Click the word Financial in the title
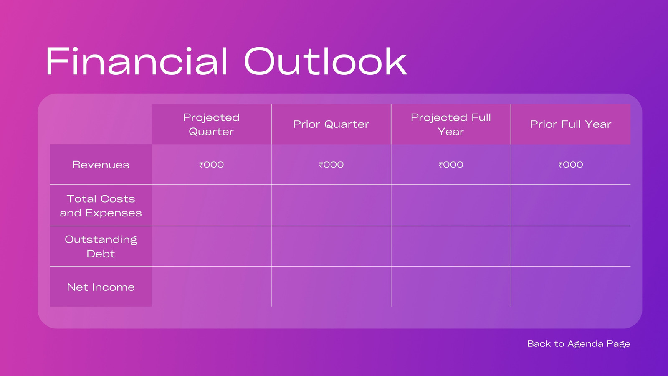point(137,61)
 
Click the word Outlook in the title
point(326,61)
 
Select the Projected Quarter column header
point(211,124)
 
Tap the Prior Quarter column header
point(331,124)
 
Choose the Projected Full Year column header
point(451,124)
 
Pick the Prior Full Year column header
point(571,124)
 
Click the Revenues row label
point(101,165)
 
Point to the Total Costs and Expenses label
point(101,206)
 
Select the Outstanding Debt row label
point(101,246)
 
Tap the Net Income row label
point(101,287)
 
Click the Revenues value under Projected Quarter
point(211,165)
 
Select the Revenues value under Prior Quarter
point(331,165)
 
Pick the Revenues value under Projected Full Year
point(451,165)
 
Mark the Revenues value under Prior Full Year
point(571,165)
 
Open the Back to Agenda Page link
point(579,344)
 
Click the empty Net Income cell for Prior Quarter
point(331,287)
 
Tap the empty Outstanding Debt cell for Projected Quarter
point(211,246)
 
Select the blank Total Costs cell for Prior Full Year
point(571,205)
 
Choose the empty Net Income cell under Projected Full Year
point(451,287)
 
